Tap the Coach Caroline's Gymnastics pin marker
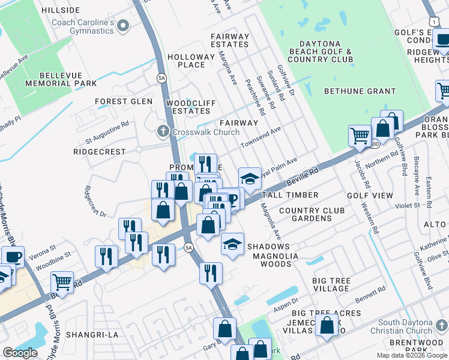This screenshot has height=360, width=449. [124, 25]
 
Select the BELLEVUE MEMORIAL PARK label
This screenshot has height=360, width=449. [60, 83]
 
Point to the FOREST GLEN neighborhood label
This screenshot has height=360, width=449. [124, 101]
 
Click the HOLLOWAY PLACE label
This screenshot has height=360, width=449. [190, 61]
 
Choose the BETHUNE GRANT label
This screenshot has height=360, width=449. [352, 91]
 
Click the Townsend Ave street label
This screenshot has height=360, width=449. [261, 137]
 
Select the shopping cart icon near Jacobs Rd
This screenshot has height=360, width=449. [359, 136]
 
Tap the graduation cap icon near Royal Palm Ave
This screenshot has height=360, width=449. [250, 178]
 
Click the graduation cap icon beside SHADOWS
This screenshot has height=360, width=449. [232, 244]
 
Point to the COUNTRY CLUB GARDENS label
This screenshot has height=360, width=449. [312, 214]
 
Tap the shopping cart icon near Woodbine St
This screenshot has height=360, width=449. [62, 281]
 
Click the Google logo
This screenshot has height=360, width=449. [20, 352]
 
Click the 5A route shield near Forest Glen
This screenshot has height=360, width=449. [161, 78]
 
